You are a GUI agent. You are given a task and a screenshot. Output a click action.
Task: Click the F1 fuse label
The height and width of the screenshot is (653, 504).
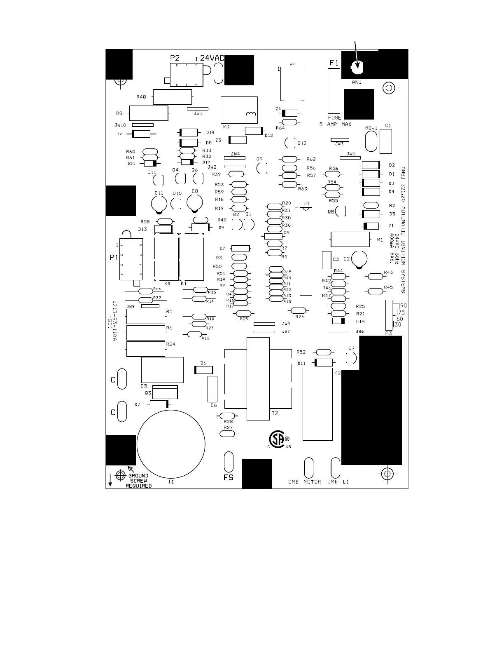(334, 63)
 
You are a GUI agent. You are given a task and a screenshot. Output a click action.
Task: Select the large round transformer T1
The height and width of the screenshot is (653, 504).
(171, 444)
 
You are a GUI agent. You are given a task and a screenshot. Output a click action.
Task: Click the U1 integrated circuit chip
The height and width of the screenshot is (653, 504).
(306, 251)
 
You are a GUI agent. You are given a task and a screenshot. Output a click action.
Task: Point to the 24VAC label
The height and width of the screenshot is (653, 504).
(212, 59)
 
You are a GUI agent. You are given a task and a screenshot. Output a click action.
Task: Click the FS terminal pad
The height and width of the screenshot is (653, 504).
(229, 462)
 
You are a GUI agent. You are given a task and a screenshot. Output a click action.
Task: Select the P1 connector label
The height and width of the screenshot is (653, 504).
(114, 258)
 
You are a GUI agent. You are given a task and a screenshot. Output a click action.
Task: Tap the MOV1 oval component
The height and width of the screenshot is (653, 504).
(371, 141)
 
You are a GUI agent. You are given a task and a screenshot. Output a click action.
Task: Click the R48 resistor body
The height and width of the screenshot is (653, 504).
(172, 97)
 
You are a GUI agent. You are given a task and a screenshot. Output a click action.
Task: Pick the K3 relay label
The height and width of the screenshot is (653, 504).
(226, 127)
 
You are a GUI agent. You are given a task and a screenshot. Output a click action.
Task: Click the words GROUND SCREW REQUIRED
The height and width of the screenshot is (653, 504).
(139, 481)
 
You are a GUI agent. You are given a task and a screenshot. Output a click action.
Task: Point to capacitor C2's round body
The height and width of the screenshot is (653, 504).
(359, 259)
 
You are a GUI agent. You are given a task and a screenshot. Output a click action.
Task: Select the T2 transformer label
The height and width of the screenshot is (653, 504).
(275, 413)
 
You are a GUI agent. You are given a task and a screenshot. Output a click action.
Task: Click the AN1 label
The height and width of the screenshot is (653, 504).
(357, 82)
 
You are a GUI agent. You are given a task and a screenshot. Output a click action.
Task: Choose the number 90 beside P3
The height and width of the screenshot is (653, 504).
(404, 305)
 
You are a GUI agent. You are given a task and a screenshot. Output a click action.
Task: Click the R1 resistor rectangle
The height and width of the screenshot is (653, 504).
(350, 240)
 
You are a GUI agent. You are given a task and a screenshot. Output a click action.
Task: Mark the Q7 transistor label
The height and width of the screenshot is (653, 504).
(351, 348)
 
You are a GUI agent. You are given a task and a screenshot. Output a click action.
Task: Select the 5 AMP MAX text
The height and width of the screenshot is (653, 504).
(335, 124)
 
